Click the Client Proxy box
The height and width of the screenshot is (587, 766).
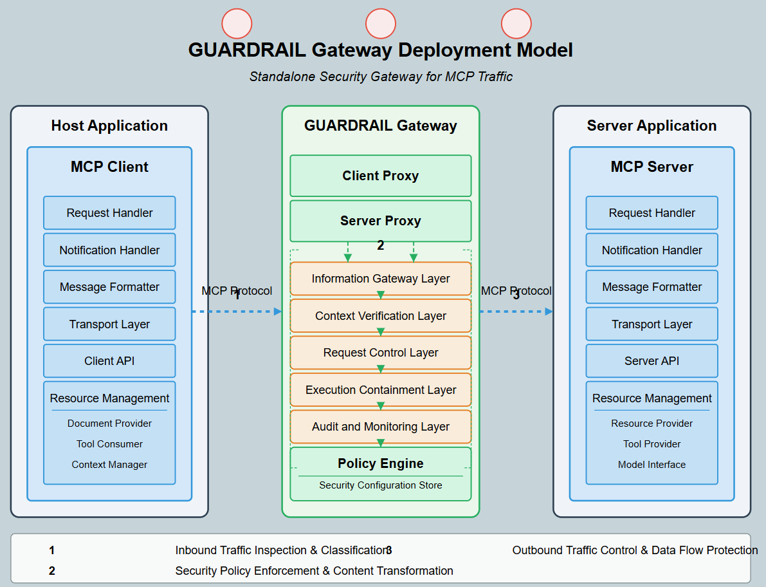tap(380, 176)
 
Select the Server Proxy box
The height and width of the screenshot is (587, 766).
tap(380, 221)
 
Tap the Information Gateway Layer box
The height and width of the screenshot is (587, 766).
tap(380, 279)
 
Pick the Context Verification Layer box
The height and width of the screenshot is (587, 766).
tap(380, 316)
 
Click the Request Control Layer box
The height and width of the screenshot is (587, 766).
tap(380, 353)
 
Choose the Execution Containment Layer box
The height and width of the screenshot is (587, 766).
tap(380, 390)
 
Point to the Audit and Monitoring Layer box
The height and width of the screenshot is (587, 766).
tap(380, 427)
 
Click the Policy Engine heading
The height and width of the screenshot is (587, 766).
tap(380, 463)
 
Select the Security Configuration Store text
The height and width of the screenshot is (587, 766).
tap(380, 485)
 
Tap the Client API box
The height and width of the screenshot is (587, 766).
tap(109, 361)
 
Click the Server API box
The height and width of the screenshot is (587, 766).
tap(652, 361)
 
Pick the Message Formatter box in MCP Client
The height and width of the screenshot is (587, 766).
tap(109, 287)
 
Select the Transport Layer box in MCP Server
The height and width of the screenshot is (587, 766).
tap(652, 324)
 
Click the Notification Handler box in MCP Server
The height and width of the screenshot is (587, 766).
tap(652, 250)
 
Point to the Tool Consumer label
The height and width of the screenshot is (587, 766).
tap(109, 444)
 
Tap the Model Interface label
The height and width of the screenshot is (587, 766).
tap(652, 465)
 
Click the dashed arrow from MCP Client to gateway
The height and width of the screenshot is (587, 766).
tap(237, 312)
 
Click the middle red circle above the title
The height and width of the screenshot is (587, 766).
tap(381, 24)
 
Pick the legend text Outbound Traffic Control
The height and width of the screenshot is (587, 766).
tap(634, 550)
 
